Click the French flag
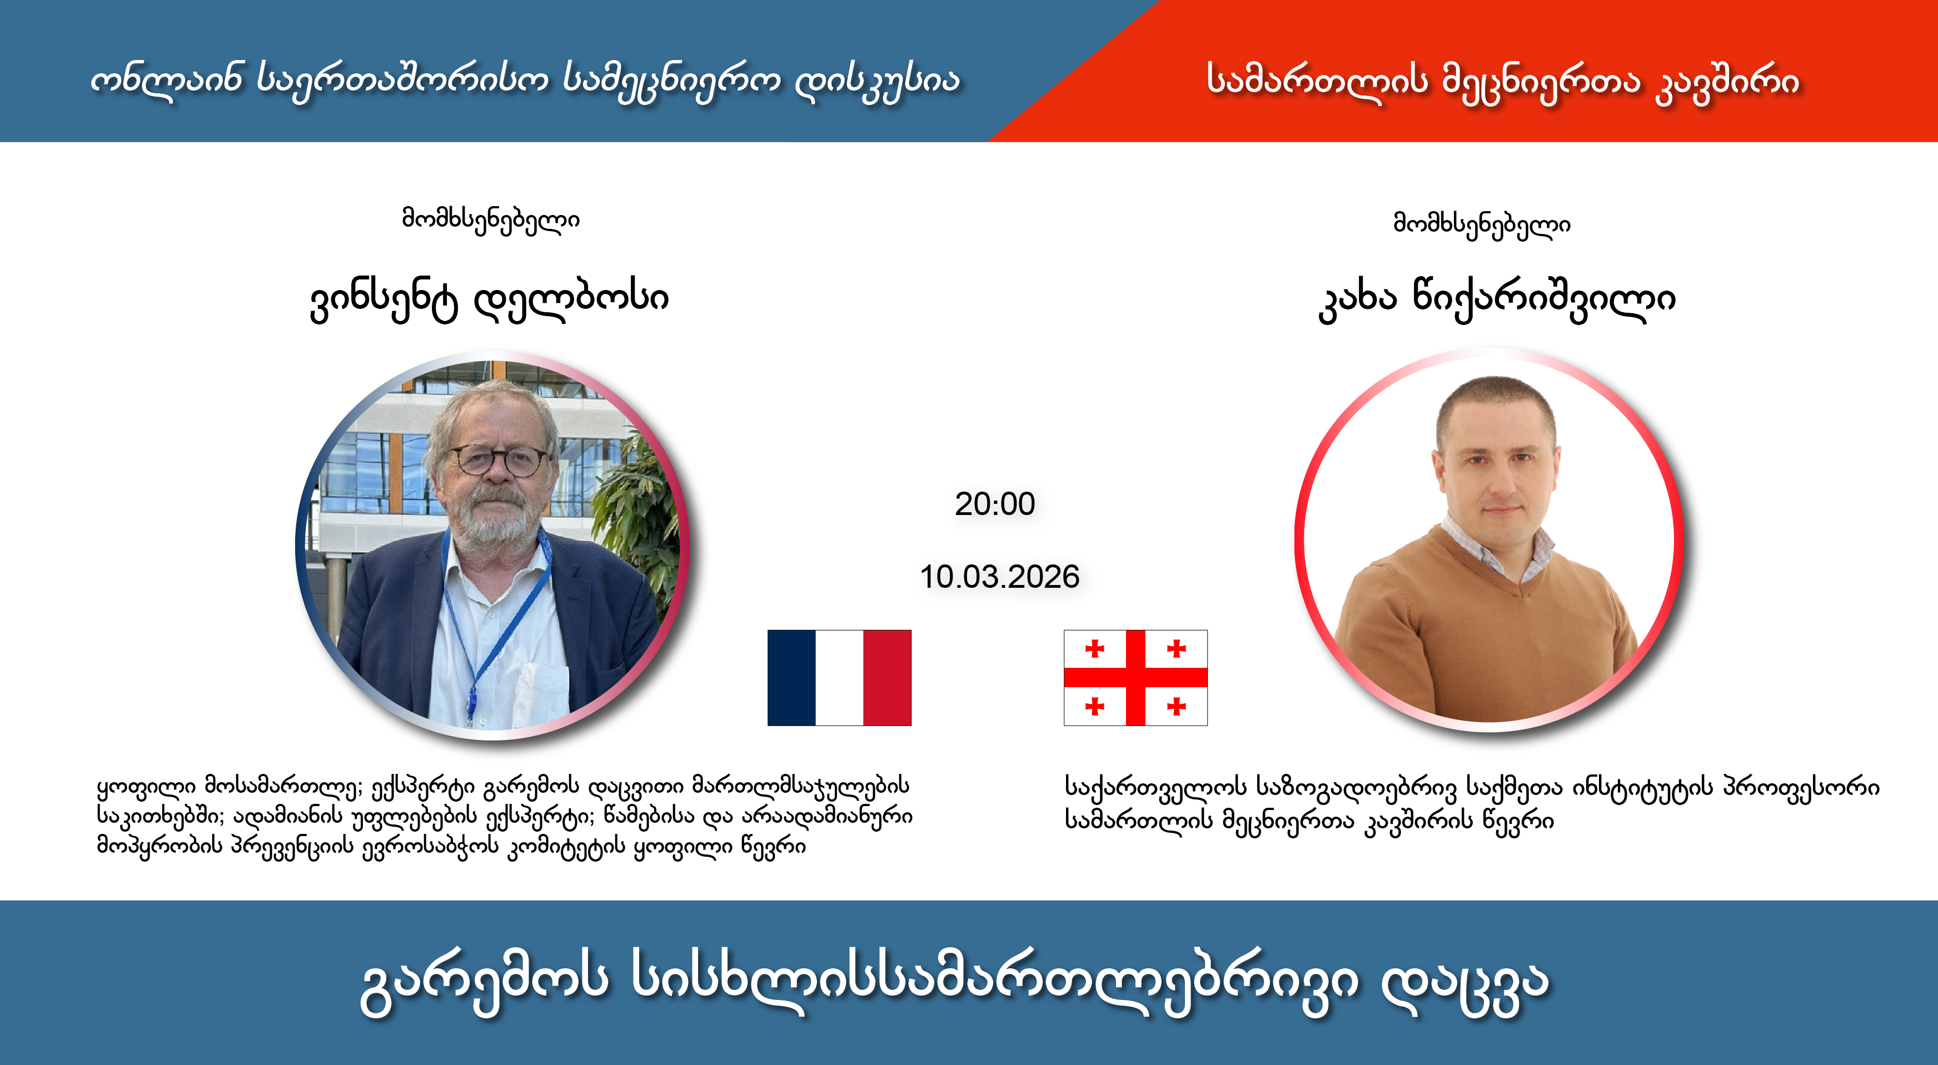839,678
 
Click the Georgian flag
1135,678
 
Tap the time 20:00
995,504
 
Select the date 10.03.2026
999,577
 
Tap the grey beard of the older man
493,527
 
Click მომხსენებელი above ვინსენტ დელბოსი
491,219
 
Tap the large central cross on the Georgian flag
1135,678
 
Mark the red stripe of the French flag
887,678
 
